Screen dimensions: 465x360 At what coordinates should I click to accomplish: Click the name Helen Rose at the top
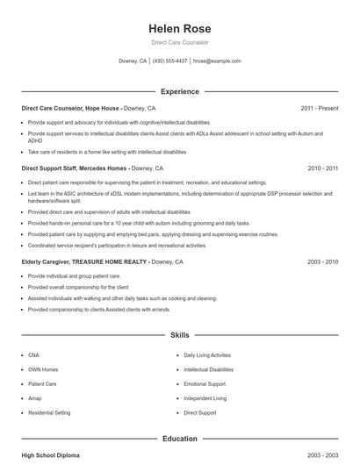click(179, 27)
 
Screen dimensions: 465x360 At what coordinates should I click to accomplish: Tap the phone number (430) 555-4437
click(170, 61)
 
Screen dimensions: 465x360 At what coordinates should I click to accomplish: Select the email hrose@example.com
click(217, 61)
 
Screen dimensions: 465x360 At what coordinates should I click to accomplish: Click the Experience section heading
click(179, 91)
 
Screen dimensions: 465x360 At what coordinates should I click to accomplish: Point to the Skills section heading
click(179, 335)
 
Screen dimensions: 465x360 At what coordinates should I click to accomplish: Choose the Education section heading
click(179, 439)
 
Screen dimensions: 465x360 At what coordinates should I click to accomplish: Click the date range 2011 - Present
click(319, 108)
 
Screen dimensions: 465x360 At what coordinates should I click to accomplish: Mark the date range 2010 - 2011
click(322, 168)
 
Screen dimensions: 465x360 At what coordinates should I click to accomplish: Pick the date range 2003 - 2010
click(322, 261)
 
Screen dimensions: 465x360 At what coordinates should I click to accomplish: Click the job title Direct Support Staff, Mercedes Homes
click(75, 168)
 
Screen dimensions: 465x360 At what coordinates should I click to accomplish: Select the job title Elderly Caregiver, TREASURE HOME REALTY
click(84, 261)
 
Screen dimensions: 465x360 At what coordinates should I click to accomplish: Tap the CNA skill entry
click(34, 355)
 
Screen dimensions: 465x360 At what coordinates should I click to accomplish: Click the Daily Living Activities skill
click(207, 355)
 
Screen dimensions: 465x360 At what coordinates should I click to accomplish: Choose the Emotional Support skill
click(205, 383)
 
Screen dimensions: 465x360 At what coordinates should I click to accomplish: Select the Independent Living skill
click(205, 397)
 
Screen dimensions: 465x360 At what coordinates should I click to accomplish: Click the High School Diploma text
click(51, 456)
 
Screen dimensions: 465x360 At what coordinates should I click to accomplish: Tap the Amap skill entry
click(35, 397)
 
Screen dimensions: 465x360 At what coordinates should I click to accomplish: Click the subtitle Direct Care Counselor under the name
click(179, 42)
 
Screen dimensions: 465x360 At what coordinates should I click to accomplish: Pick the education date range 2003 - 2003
click(322, 456)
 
